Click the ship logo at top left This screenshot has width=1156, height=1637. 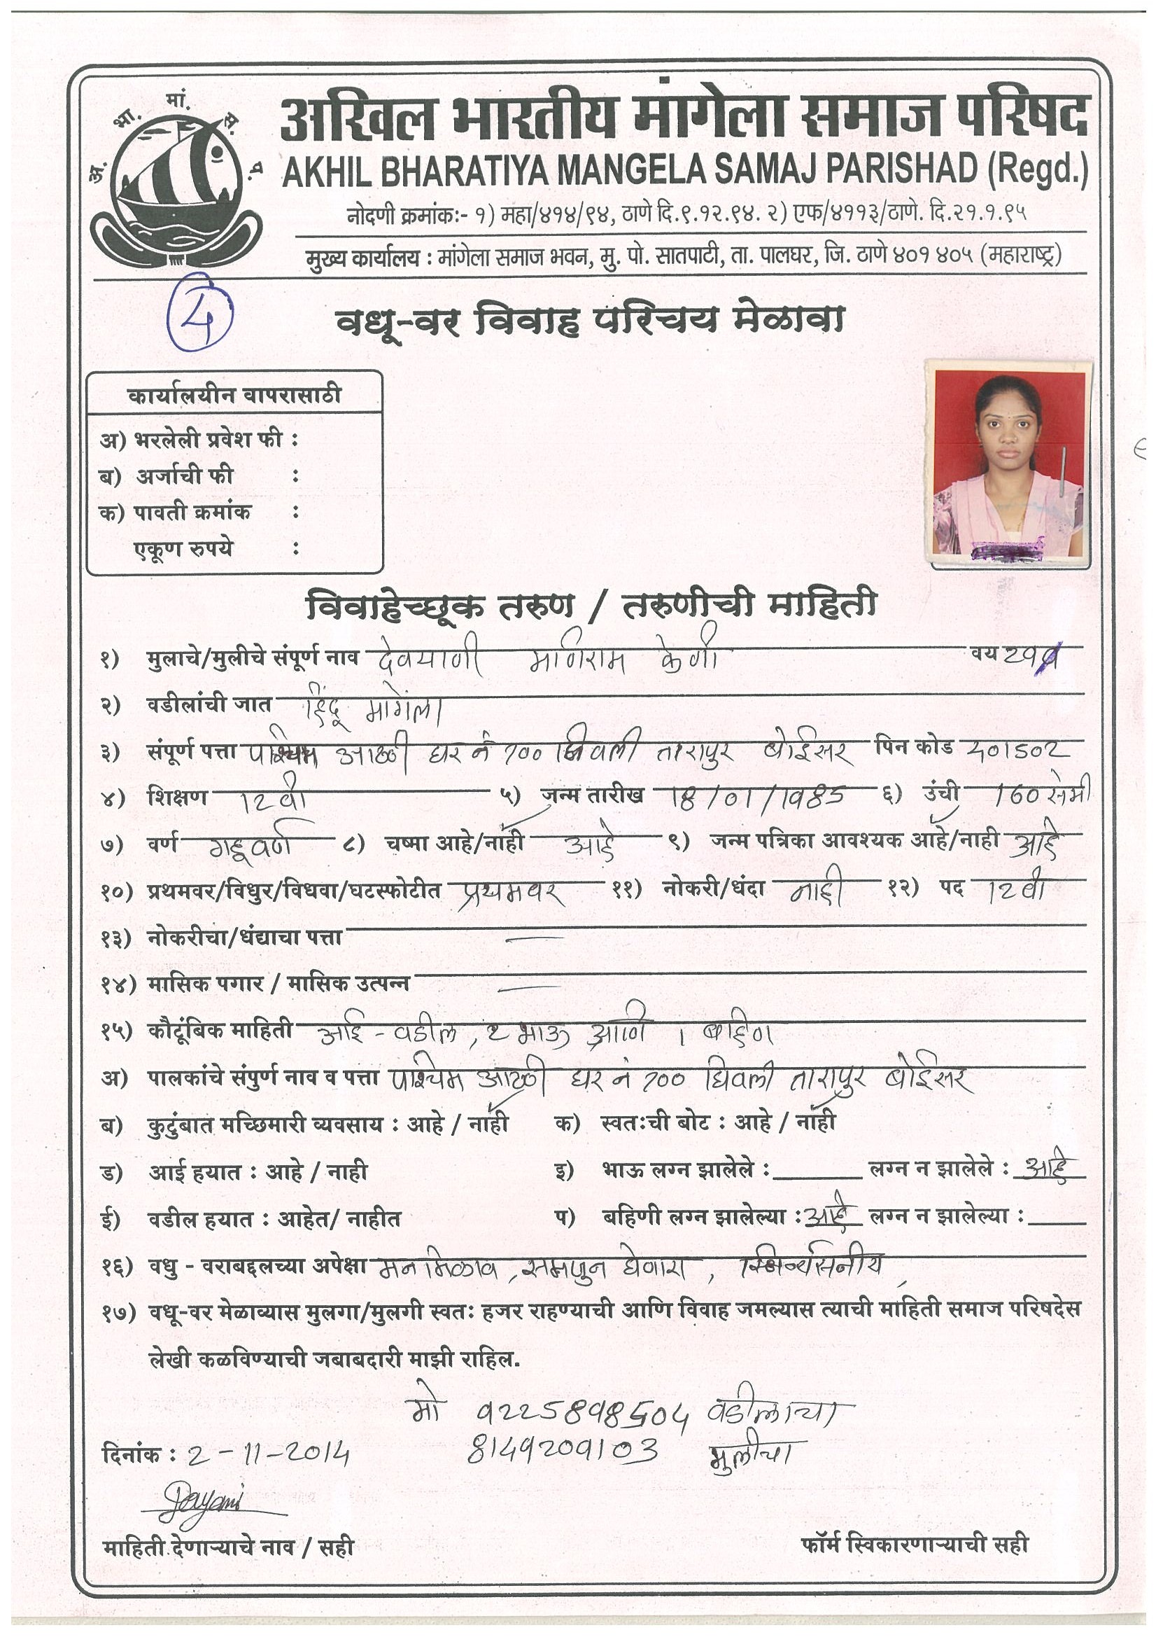point(178,182)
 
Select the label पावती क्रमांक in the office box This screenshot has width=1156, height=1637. point(192,512)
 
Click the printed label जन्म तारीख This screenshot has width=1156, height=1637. point(592,795)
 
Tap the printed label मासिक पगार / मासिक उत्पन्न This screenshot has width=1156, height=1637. point(278,984)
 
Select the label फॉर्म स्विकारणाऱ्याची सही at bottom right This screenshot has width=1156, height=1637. point(915,1545)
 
